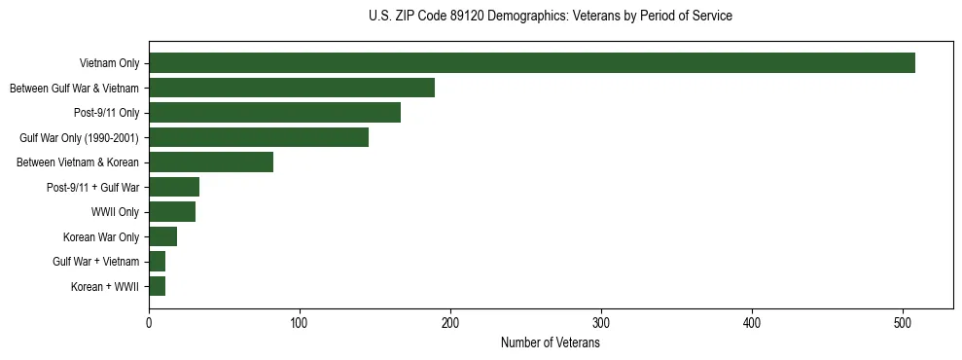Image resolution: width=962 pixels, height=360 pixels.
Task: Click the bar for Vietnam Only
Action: coord(532,63)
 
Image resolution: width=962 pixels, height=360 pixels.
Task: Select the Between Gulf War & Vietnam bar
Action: coord(292,88)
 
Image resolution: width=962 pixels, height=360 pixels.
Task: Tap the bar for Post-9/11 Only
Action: coord(274,113)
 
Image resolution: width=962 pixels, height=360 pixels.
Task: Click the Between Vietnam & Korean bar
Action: coord(211,162)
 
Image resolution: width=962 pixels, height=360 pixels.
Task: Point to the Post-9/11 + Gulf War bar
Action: coord(174,187)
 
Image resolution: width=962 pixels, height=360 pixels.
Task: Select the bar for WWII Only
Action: coord(172,211)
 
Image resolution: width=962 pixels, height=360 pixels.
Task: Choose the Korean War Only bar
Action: coord(162,236)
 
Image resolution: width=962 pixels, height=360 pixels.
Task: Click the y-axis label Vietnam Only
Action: coord(109,64)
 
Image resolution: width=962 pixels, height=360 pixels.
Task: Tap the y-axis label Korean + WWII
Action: coord(105,287)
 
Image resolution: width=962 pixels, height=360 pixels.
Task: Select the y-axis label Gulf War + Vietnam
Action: coord(96,262)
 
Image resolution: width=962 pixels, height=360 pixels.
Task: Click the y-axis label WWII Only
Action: coord(115,212)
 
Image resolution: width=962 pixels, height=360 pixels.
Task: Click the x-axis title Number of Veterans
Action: coord(550,343)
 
